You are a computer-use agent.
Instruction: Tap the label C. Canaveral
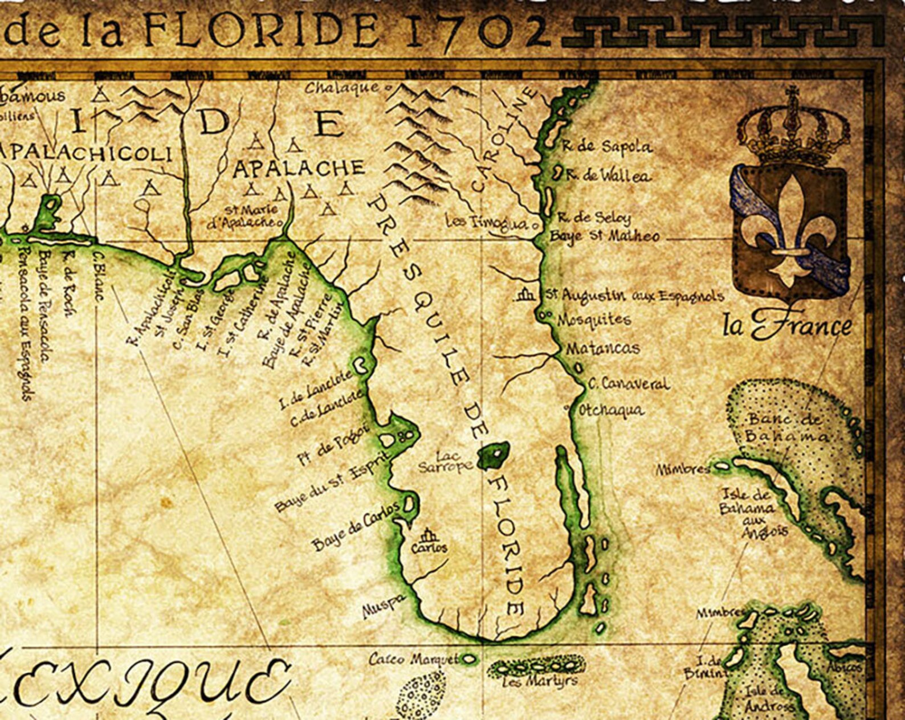pyautogui.click(x=628, y=384)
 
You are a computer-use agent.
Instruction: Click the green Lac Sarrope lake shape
pyautogui.click(x=494, y=455)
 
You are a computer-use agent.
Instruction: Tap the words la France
pyautogui.click(x=787, y=326)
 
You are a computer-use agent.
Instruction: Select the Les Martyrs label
pyautogui.click(x=538, y=681)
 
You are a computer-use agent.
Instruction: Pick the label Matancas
pyautogui.click(x=602, y=348)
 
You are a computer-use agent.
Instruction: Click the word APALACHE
pyautogui.click(x=299, y=169)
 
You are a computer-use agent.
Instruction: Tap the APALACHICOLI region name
pyautogui.click(x=85, y=153)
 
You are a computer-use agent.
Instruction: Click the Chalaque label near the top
pyautogui.click(x=342, y=88)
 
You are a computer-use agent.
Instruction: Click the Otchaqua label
pyautogui.click(x=610, y=410)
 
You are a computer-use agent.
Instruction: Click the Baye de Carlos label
pyautogui.click(x=355, y=527)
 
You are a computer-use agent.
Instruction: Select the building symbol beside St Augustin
pyautogui.click(x=525, y=295)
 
